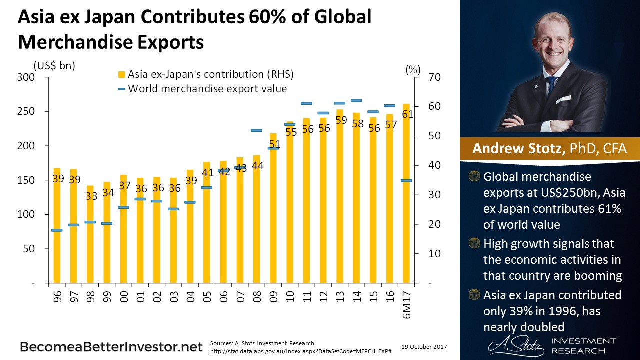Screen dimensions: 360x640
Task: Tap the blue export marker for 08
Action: [x=256, y=130]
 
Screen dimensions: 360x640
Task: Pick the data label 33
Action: [x=91, y=196]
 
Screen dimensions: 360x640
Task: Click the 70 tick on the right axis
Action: [x=434, y=77]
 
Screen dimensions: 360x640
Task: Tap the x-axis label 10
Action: [x=290, y=298]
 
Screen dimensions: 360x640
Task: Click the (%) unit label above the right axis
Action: [x=413, y=70]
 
